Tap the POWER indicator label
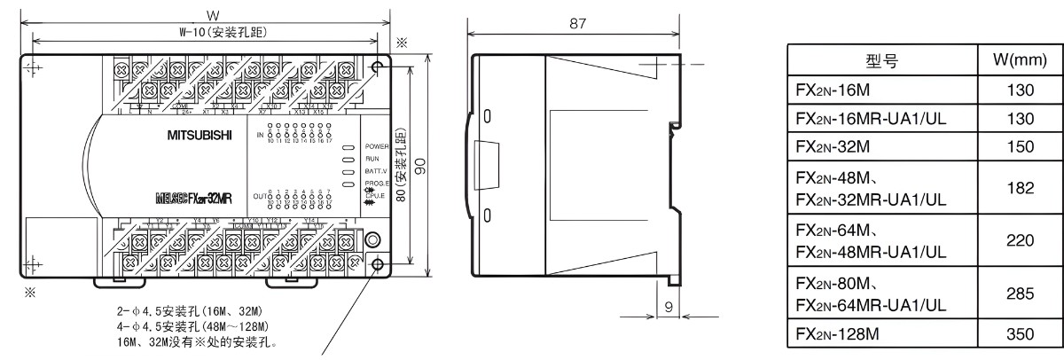(x=377, y=145)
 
